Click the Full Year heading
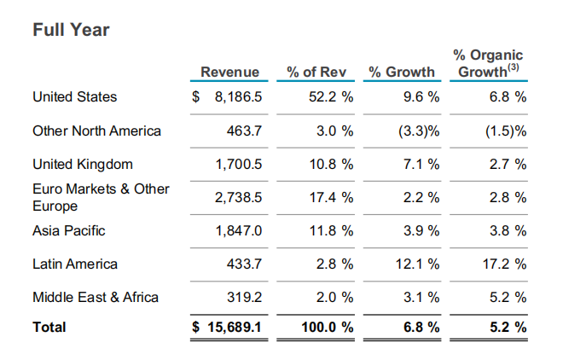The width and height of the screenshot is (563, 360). click(71, 30)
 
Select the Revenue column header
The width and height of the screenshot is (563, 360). click(229, 72)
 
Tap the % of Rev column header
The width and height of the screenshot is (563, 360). click(316, 72)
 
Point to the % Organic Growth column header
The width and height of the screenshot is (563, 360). click(488, 63)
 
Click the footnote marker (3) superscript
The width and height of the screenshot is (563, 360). click(514, 67)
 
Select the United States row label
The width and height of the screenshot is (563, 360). click(75, 97)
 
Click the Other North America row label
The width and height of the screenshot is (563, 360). click(96, 131)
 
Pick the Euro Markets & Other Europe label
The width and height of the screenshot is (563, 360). click(101, 197)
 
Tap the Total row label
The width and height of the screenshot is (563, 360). click(49, 328)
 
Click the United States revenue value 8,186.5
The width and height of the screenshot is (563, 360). click(238, 97)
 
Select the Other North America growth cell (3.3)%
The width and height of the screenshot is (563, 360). click(419, 131)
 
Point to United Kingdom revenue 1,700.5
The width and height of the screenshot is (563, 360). click(238, 165)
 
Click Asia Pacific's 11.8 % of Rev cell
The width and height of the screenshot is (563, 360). click(332, 231)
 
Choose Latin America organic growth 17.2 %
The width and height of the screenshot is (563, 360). click(504, 264)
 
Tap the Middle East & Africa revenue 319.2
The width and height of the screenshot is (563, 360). click(244, 298)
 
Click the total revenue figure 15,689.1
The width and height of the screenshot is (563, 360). click(235, 328)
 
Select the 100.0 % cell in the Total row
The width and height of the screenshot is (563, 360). click(328, 328)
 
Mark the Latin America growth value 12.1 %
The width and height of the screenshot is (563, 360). click(418, 264)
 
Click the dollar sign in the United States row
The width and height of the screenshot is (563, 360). click(195, 97)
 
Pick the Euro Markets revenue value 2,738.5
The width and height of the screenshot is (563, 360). click(238, 198)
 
